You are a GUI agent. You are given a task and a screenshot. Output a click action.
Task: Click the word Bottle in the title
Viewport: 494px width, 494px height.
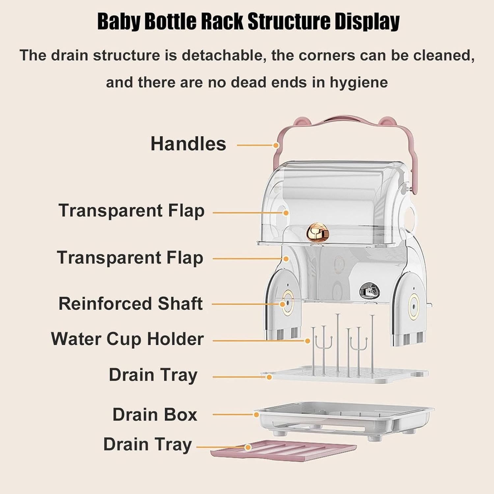(x=171, y=21)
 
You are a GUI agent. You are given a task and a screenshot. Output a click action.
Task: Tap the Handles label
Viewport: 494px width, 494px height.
(x=188, y=144)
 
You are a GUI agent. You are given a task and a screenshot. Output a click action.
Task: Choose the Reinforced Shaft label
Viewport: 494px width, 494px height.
(x=130, y=304)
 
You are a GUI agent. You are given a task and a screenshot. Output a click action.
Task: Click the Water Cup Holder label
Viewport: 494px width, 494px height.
(x=127, y=339)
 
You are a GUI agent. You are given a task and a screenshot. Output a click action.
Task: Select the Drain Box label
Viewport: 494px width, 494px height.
(x=155, y=414)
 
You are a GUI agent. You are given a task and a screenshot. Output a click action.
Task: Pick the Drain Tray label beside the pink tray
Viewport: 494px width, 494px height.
(x=148, y=444)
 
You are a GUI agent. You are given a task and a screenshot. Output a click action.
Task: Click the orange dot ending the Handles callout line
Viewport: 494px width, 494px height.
(x=276, y=145)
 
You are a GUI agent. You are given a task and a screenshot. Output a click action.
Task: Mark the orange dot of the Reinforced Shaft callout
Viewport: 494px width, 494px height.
(x=282, y=304)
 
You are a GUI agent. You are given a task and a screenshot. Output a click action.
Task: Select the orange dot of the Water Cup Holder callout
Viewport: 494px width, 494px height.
(x=308, y=341)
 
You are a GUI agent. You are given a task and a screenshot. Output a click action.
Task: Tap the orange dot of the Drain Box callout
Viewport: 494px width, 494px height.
(x=256, y=415)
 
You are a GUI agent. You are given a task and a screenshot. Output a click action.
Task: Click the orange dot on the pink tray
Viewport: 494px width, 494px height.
(x=248, y=447)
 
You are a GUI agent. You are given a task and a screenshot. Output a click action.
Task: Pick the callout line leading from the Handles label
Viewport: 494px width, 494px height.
(x=255, y=145)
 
